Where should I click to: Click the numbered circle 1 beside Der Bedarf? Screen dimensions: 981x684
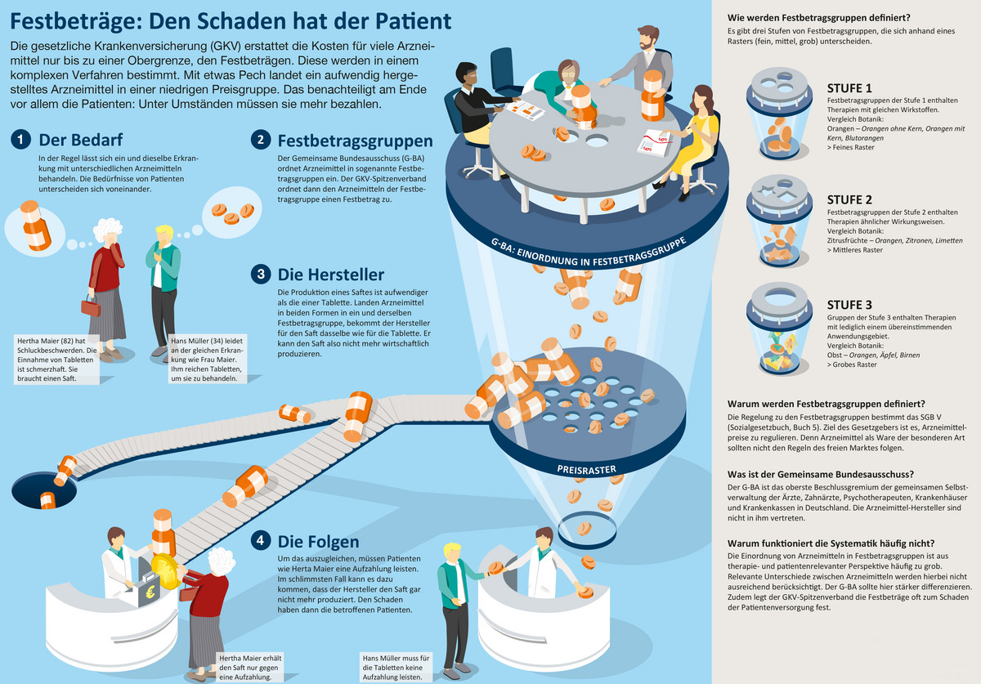(x=20, y=140)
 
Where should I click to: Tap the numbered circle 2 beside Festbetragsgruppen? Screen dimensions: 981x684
(x=261, y=140)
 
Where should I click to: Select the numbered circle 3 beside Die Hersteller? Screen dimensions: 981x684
(x=261, y=274)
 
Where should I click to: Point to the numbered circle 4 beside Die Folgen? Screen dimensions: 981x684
(x=261, y=540)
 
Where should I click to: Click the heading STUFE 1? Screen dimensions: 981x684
(x=849, y=88)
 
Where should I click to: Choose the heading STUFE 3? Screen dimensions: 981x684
(x=849, y=305)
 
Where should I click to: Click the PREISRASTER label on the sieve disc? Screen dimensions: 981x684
(x=586, y=470)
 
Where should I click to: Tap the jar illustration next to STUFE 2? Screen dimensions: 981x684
(x=778, y=221)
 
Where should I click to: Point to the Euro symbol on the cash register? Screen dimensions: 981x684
(x=150, y=592)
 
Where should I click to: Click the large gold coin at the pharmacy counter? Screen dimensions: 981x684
(x=166, y=571)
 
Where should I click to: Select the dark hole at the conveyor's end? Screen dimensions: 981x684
(x=44, y=490)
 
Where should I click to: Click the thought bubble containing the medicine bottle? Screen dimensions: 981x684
(x=34, y=230)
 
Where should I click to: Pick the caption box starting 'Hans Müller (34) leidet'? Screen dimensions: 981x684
(x=208, y=360)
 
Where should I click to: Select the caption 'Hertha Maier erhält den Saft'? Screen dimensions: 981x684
(x=250, y=668)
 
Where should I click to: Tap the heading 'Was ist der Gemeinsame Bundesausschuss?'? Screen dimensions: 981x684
(x=821, y=474)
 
